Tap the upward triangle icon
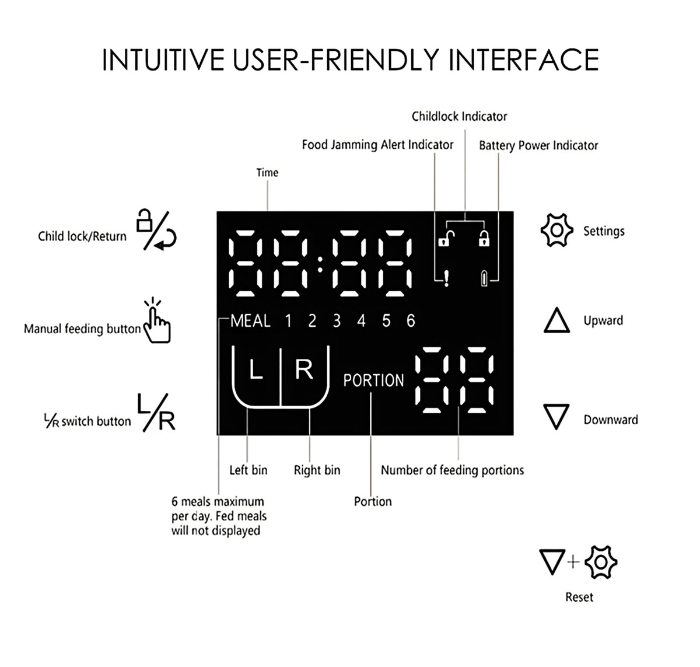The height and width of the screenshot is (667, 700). click(x=556, y=322)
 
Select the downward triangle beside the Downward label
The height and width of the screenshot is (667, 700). click(x=556, y=417)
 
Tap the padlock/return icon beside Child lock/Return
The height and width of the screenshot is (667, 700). click(x=156, y=231)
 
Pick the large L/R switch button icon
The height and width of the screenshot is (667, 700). click(x=156, y=413)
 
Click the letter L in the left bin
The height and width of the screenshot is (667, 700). click(x=256, y=370)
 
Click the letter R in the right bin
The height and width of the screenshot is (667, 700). click(x=304, y=369)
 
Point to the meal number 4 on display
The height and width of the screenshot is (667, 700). click(x=361, y=321)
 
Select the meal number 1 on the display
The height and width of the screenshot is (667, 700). click(x=288, y=321)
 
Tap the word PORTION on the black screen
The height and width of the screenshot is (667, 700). click(x=373, y=380)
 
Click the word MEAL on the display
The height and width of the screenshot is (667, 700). click(x=250, y=321)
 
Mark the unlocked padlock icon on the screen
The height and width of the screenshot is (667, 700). click(x=446, y=239)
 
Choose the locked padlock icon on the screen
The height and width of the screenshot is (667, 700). click(x=484, y=239)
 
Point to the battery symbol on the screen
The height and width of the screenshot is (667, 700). click(x=484, y=279)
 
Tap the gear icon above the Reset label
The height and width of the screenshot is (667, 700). click(x=601, y=562)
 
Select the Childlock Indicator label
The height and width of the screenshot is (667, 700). click(x=459, y=116)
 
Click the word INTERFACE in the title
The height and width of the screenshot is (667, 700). click(x=524, y=60)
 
